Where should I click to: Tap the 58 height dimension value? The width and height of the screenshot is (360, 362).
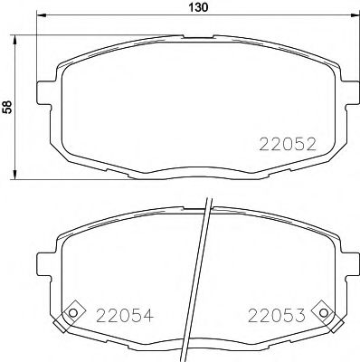8,107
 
